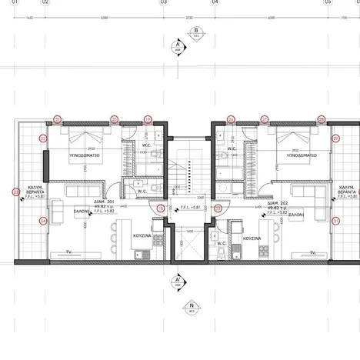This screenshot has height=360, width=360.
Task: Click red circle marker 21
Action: click(56, 119)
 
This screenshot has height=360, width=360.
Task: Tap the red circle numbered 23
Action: click(16, 192)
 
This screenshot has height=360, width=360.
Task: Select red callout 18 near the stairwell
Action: click(161, 208)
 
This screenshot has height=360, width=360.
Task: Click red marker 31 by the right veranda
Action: click(335, 221)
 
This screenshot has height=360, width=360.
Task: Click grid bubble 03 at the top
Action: click(164, 3)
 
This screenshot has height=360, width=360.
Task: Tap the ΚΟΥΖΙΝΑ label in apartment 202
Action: click(253, 238)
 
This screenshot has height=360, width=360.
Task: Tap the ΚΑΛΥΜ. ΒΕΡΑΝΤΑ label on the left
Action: click(34, 191)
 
